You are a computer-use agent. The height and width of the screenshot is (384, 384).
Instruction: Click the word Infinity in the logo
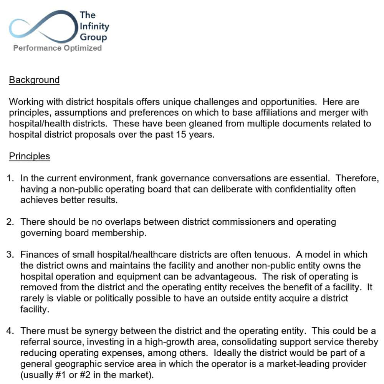pos(94,26)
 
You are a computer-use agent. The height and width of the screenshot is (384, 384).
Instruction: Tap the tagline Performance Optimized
pos(58,48)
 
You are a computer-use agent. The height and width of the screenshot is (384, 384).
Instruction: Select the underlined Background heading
pos(34,80)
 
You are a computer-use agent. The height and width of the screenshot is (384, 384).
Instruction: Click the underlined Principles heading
pos(29,156)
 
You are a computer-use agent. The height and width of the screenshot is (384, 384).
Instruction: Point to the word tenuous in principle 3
pos(272,255)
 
